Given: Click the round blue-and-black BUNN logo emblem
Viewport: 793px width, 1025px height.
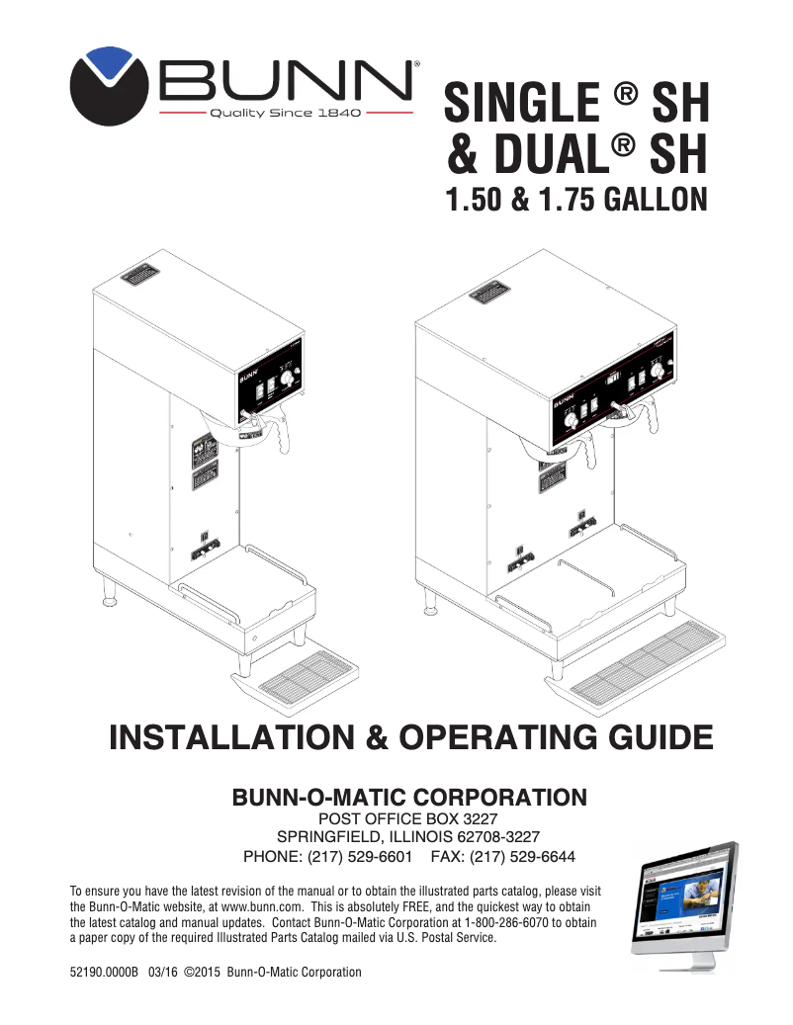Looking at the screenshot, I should (x=109, y=86).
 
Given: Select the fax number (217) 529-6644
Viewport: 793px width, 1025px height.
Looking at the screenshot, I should (x=522, y=856).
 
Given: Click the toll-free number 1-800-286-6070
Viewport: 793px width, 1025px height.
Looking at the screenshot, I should (x=485, y=920).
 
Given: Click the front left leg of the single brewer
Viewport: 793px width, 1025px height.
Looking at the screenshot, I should (x=110, y=595).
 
